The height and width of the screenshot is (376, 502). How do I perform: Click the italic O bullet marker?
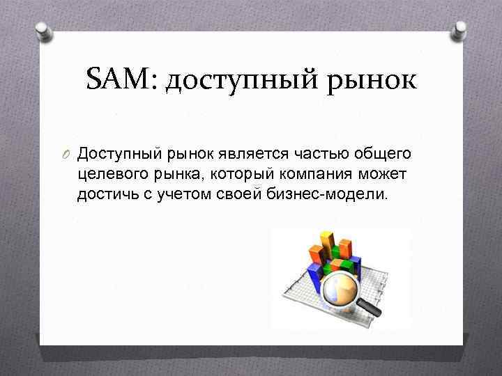tap(67, 153)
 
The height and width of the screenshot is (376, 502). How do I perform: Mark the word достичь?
tap(104, 194)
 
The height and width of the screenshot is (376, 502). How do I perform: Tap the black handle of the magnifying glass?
tap(373, 306)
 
